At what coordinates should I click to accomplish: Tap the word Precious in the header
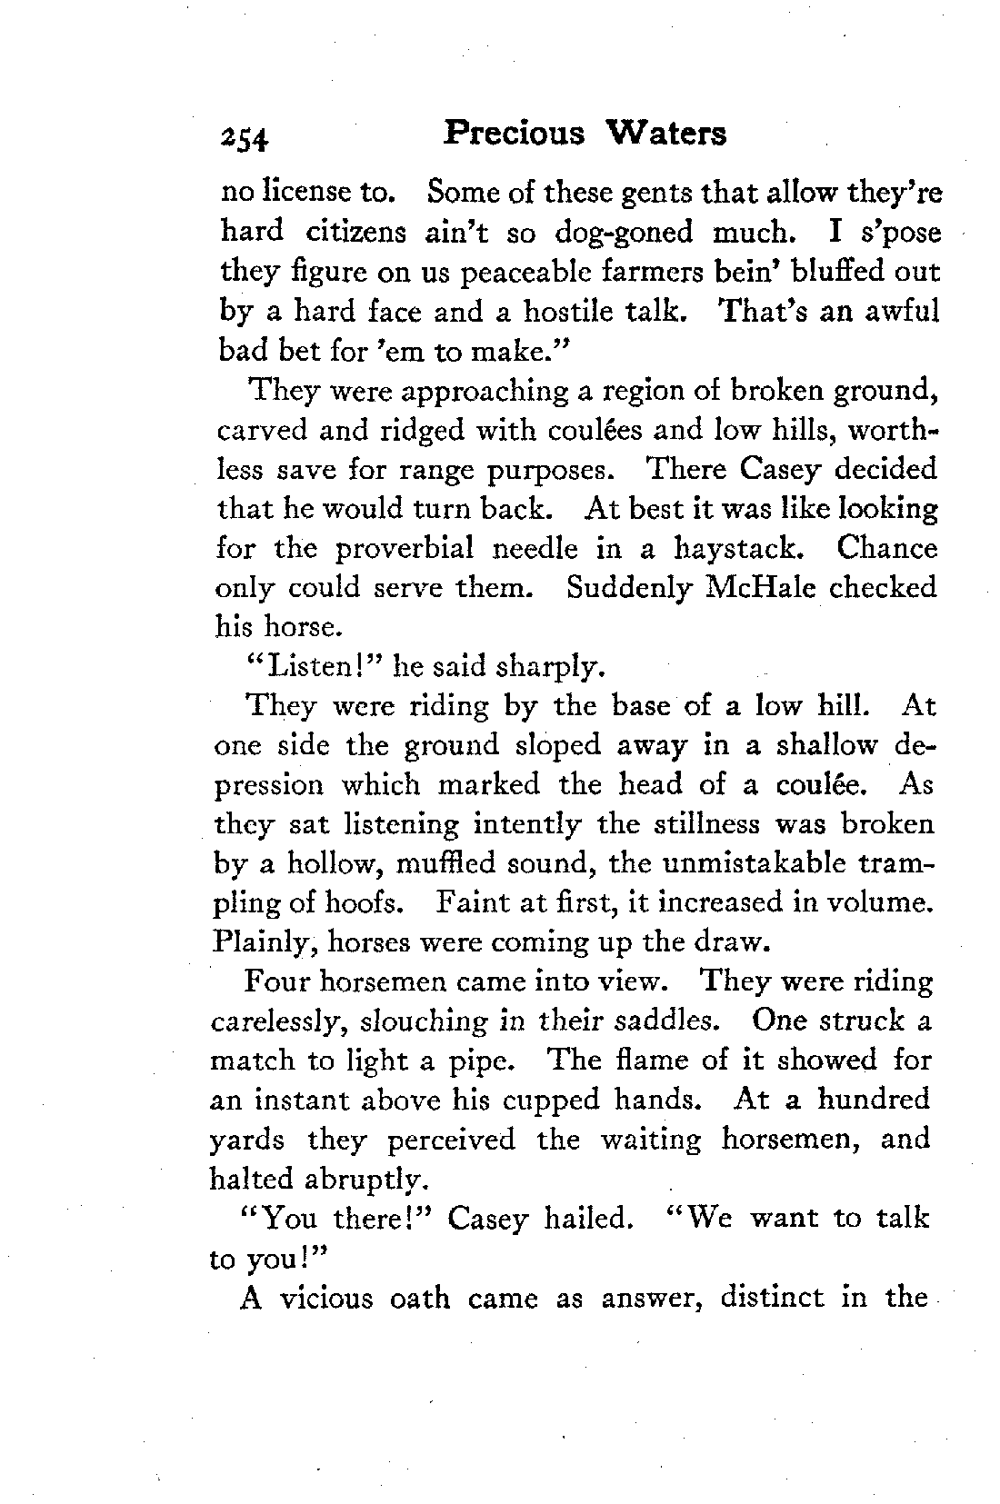pos(514,133)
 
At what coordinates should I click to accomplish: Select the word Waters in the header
pos(666,133)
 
